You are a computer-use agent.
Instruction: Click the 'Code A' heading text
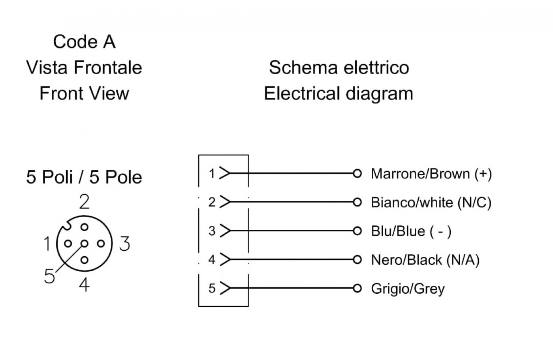pos(84,41)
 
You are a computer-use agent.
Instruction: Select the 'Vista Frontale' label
pos(84,67)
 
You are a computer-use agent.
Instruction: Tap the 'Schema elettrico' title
pos(339,67)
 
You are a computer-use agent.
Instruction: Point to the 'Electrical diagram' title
pos(339,94)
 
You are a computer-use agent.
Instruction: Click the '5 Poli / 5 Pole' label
pos(84,177)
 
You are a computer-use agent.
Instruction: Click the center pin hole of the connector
pos(85,244)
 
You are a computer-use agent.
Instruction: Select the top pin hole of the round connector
pos(85,227)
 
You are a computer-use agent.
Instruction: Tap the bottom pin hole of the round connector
pos(85,260)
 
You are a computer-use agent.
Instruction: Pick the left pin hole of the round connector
pos(68,244)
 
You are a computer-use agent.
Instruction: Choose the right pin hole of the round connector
pos(101,244)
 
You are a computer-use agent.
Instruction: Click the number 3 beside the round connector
pos(125,244)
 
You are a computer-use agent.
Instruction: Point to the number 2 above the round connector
pos(84,202)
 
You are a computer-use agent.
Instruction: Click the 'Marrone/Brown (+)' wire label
pos(431,174)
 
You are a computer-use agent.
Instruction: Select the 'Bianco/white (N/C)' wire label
pos(431,202)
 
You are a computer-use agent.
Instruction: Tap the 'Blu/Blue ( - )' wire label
pos(411,231)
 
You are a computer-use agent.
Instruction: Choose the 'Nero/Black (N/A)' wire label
pos(425,260)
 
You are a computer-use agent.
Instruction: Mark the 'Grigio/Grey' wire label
pos(408,289)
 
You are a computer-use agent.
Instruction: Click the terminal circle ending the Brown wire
pos(357,173)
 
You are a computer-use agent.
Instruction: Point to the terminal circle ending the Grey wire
pos(357,288)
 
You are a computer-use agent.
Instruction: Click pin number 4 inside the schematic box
pos(212,260)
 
